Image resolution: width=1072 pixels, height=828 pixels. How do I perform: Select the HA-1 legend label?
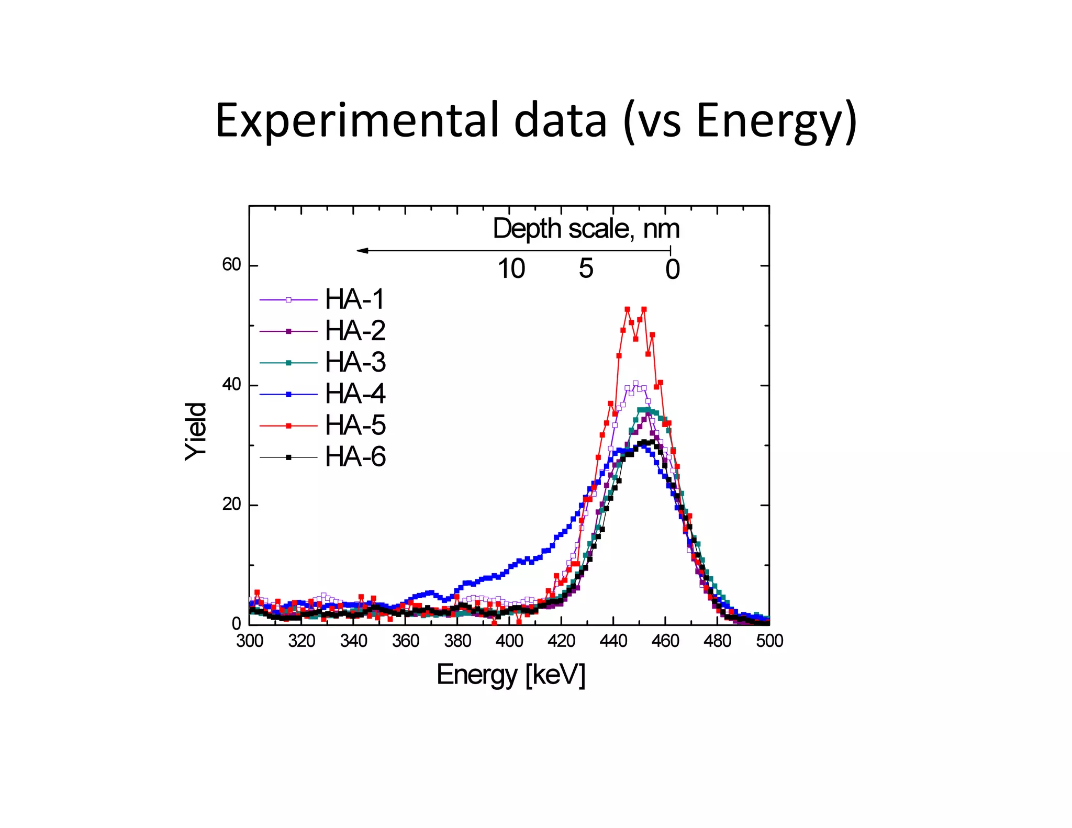(355, 299)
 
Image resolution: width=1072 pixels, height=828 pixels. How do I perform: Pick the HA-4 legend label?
(355, 394)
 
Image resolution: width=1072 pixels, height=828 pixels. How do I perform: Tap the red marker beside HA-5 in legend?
(288, 426)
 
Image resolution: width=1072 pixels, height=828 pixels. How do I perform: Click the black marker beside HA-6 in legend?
(288, 457)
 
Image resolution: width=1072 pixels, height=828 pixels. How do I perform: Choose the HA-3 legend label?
(355, 362)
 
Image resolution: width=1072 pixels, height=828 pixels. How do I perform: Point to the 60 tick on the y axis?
(231, 265)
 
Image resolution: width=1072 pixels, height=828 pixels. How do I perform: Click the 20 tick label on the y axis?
(231, 505)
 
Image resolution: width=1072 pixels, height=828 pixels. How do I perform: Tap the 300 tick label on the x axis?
(250, 641)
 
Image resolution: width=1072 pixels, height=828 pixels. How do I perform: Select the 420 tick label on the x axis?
(561, 641)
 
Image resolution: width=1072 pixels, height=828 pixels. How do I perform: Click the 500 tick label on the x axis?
(769, 641)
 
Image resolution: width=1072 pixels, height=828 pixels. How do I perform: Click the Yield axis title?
(196, 431)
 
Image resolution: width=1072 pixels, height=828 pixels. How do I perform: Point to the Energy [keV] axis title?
(510, 675)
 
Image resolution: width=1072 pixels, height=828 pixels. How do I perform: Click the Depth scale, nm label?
(586, 229)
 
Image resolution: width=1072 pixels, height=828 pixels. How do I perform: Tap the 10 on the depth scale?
(511, 269)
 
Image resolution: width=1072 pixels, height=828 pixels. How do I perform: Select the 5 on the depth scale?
(586, 269)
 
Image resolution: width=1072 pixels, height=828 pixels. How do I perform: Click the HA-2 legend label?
(355, 331)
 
